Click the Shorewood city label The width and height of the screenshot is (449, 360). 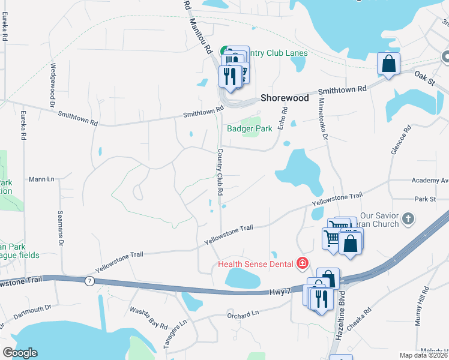point(285,98)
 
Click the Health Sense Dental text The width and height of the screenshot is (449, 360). point(255,264)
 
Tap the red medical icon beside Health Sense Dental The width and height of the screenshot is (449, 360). point(302,263)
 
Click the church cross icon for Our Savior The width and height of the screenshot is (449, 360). point(408,218)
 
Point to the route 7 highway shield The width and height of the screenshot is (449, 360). point(89,281)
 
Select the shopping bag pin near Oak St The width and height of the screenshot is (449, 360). point(389,64)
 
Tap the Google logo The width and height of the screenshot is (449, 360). point(20,353)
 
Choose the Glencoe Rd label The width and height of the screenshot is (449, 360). point(400,141)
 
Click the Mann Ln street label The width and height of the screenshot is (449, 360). point(41,179)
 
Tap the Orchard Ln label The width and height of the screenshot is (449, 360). point(243,314)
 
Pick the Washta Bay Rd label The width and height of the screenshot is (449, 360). point(148,318)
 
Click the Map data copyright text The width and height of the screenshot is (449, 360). point(424,355)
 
